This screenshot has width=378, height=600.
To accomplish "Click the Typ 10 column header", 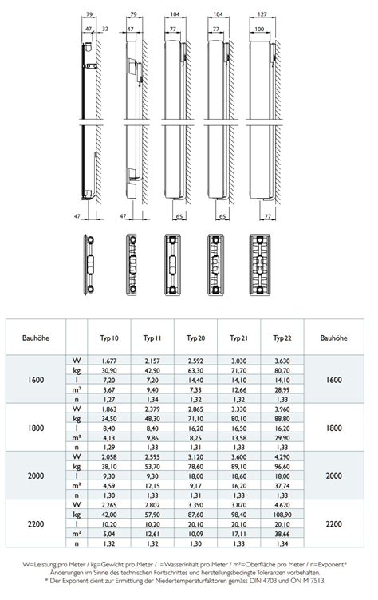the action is point(109,337).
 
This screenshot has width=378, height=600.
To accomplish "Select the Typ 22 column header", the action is point(282,337).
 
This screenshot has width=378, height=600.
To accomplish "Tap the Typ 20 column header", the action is point(195,337).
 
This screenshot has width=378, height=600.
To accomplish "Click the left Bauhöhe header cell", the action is point(36,337).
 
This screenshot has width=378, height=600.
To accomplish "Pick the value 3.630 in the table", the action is point(282,361).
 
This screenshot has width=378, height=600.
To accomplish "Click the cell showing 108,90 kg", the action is point(282,515).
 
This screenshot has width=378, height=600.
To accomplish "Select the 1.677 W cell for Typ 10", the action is point(109,361).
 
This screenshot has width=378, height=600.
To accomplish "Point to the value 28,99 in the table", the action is point(282,390).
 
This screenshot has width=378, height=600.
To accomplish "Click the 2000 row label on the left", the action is point(36,476).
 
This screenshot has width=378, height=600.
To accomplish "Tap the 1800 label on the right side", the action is point(333,428).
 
